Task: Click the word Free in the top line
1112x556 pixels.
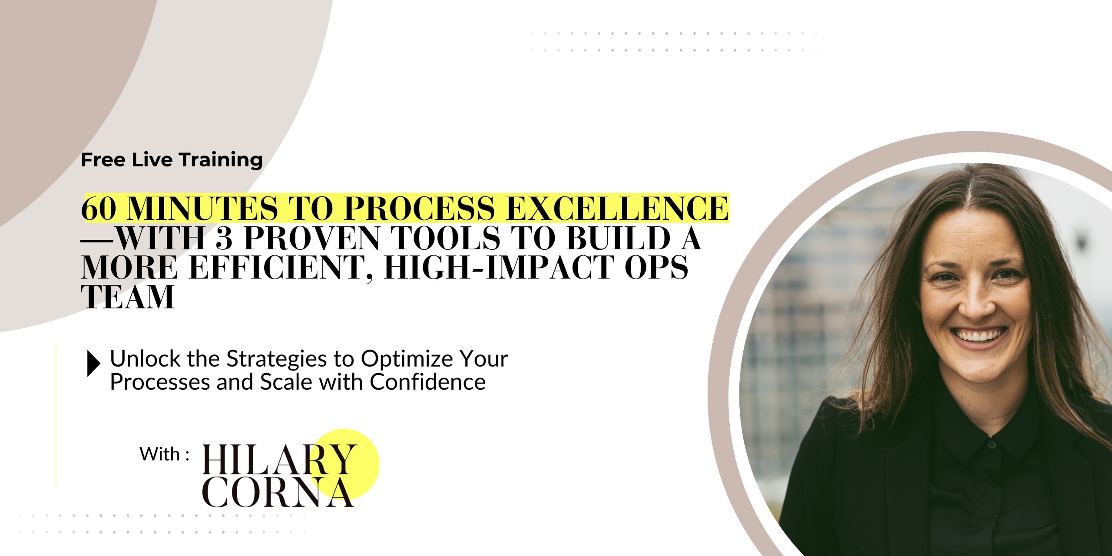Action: pos(103,159)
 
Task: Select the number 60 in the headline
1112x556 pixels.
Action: pos(99,208)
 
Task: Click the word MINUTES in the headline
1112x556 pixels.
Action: pos(202,208)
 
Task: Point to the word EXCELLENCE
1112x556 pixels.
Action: pos(617,208)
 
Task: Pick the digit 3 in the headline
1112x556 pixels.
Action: pos(224,238)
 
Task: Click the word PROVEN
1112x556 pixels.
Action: pos(312,238)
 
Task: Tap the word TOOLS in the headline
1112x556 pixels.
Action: pos(446,238)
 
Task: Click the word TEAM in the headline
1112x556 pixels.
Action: pos(128,297)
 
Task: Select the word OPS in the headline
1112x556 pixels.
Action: pos(656,268)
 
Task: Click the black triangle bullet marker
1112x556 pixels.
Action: pos(93,363)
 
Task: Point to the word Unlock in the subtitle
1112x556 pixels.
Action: pos(146,359)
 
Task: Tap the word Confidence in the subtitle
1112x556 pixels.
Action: pos(428,382)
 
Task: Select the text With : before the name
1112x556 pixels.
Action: pos(164,454)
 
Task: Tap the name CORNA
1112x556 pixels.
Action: pos(278,492)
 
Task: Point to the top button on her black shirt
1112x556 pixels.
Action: pos(992,444)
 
